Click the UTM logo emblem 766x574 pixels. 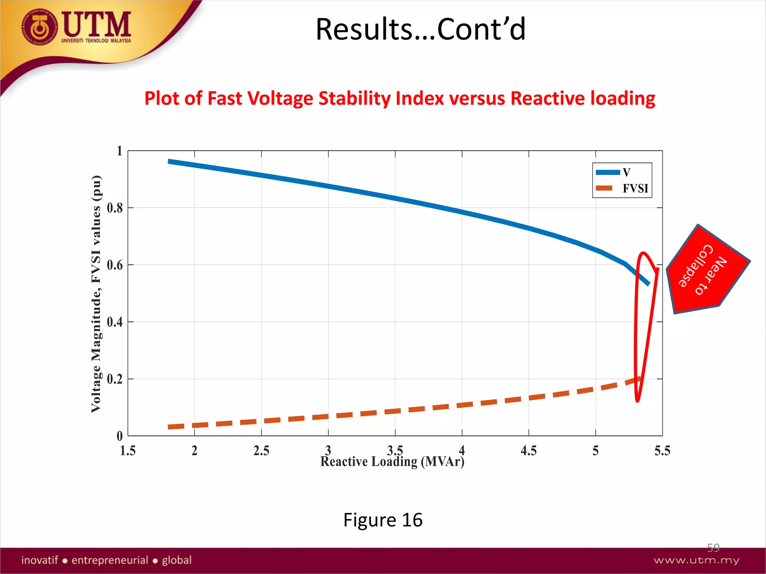pos(40,27)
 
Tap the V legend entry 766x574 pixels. pos(626,172)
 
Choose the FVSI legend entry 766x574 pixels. pos(635,188)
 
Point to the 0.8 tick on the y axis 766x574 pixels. pos(115,208)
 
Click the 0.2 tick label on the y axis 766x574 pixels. pos(115,379)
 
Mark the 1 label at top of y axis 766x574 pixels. pos(119,151)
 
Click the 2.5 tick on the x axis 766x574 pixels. pos(261,451)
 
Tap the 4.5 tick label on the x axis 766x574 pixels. pos(528,451)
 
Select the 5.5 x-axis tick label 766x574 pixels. pos(662,451)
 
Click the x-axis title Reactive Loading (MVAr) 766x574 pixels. pos(392,462)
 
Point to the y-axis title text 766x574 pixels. pos(96,294)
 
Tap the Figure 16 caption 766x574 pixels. pos(383,520)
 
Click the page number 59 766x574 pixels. pos(713,547)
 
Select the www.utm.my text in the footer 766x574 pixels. pos(696,560)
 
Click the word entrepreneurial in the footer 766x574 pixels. pos(110,560)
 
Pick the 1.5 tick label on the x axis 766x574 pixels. pos(128,451)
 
